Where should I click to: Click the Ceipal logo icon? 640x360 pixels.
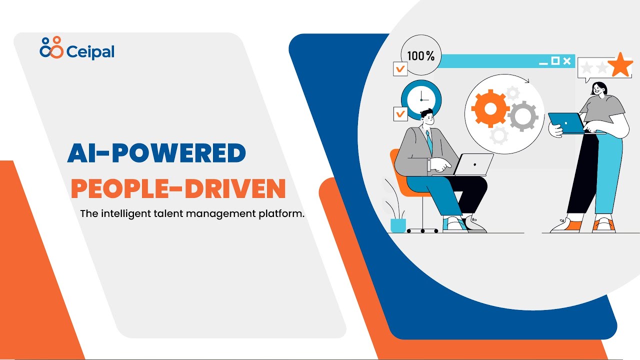coord(51,47)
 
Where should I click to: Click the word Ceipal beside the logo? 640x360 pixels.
coord(89,51)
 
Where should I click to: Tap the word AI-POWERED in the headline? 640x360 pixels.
coord(156,153)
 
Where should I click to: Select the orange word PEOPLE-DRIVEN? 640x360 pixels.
coord(178,188)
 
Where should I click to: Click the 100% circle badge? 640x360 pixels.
coord(421,55)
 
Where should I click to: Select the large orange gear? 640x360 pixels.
coord(490,109)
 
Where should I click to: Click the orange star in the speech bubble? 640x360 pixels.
coord(620,65)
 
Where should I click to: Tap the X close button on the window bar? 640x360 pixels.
coord(566,61)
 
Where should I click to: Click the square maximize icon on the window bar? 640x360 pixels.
coord(555,61)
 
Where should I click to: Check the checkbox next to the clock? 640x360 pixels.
coord(400,113)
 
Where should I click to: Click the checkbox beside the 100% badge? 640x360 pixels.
coord(400,68)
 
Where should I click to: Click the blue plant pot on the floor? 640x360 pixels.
coord(398,225)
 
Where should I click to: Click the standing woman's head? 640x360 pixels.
coord(599,88)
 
